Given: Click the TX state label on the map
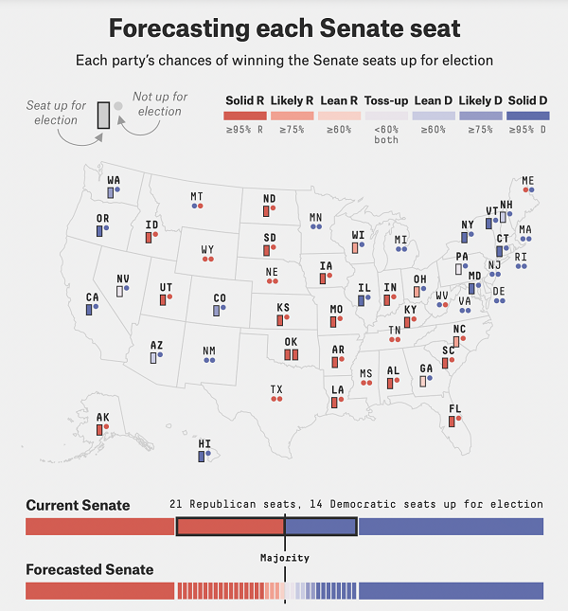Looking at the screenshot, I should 276,388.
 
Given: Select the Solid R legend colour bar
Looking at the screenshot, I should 246,116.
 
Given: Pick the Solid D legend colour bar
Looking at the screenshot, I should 528,116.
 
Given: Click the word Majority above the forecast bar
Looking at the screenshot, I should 285,558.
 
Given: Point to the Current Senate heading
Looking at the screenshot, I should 78,505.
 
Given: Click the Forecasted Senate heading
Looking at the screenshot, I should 89,569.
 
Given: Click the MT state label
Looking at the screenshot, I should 196,196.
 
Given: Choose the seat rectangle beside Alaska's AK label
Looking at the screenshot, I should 99,429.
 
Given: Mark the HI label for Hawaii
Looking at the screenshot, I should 204,443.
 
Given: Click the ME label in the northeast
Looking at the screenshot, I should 527,180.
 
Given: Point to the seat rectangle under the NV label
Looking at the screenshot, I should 120,291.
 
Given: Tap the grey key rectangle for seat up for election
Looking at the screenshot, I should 103,114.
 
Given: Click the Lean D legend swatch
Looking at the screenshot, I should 434,116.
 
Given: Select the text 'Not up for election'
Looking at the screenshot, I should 159,104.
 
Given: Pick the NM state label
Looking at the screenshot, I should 208,350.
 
